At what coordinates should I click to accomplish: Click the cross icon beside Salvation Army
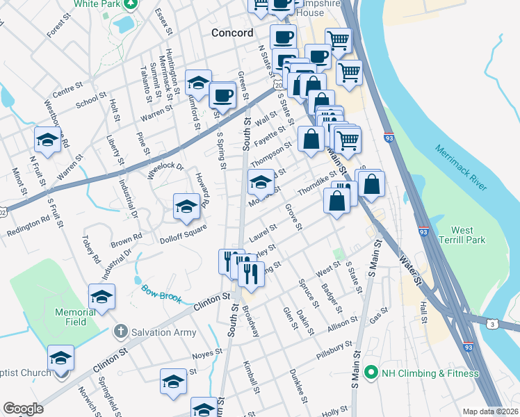pyautogui.click(x=120, y=332)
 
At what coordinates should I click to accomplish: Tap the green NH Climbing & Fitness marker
pyautogui.click(x=371, y=373)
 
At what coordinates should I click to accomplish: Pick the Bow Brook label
pyautogui.click(x=161, y=294)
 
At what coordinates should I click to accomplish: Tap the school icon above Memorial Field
pyautogui.click(x=102, y=296)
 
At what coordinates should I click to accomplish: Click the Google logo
pyautogui.click(x=23, y=409)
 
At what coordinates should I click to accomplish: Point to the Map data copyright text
pyautogui.click(x=491, y=411)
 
